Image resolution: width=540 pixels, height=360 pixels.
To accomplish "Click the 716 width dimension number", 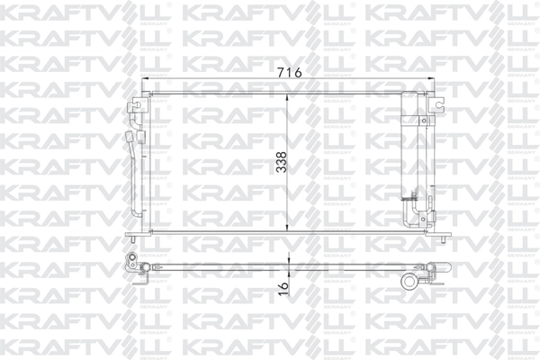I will (287, 72).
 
